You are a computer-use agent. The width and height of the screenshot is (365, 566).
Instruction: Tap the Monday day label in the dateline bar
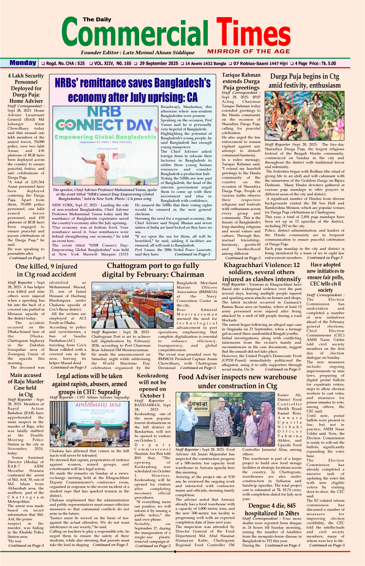(23, 63)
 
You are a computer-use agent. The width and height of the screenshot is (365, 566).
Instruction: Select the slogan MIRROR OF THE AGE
(249, 51)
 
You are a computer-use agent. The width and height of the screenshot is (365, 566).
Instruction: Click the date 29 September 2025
(159, 64)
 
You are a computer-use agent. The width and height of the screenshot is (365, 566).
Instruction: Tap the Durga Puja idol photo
(304, 116)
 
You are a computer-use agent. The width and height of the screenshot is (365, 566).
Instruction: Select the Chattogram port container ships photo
(133, 305)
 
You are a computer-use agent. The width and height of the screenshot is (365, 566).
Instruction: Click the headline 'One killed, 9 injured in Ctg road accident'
(47, 270)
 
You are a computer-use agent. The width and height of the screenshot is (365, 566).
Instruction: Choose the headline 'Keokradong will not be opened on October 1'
(152, 386)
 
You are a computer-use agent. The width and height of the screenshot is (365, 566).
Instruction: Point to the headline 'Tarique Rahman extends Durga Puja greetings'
(241, 81)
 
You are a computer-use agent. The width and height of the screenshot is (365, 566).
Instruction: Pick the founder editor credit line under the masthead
(138, 53)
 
